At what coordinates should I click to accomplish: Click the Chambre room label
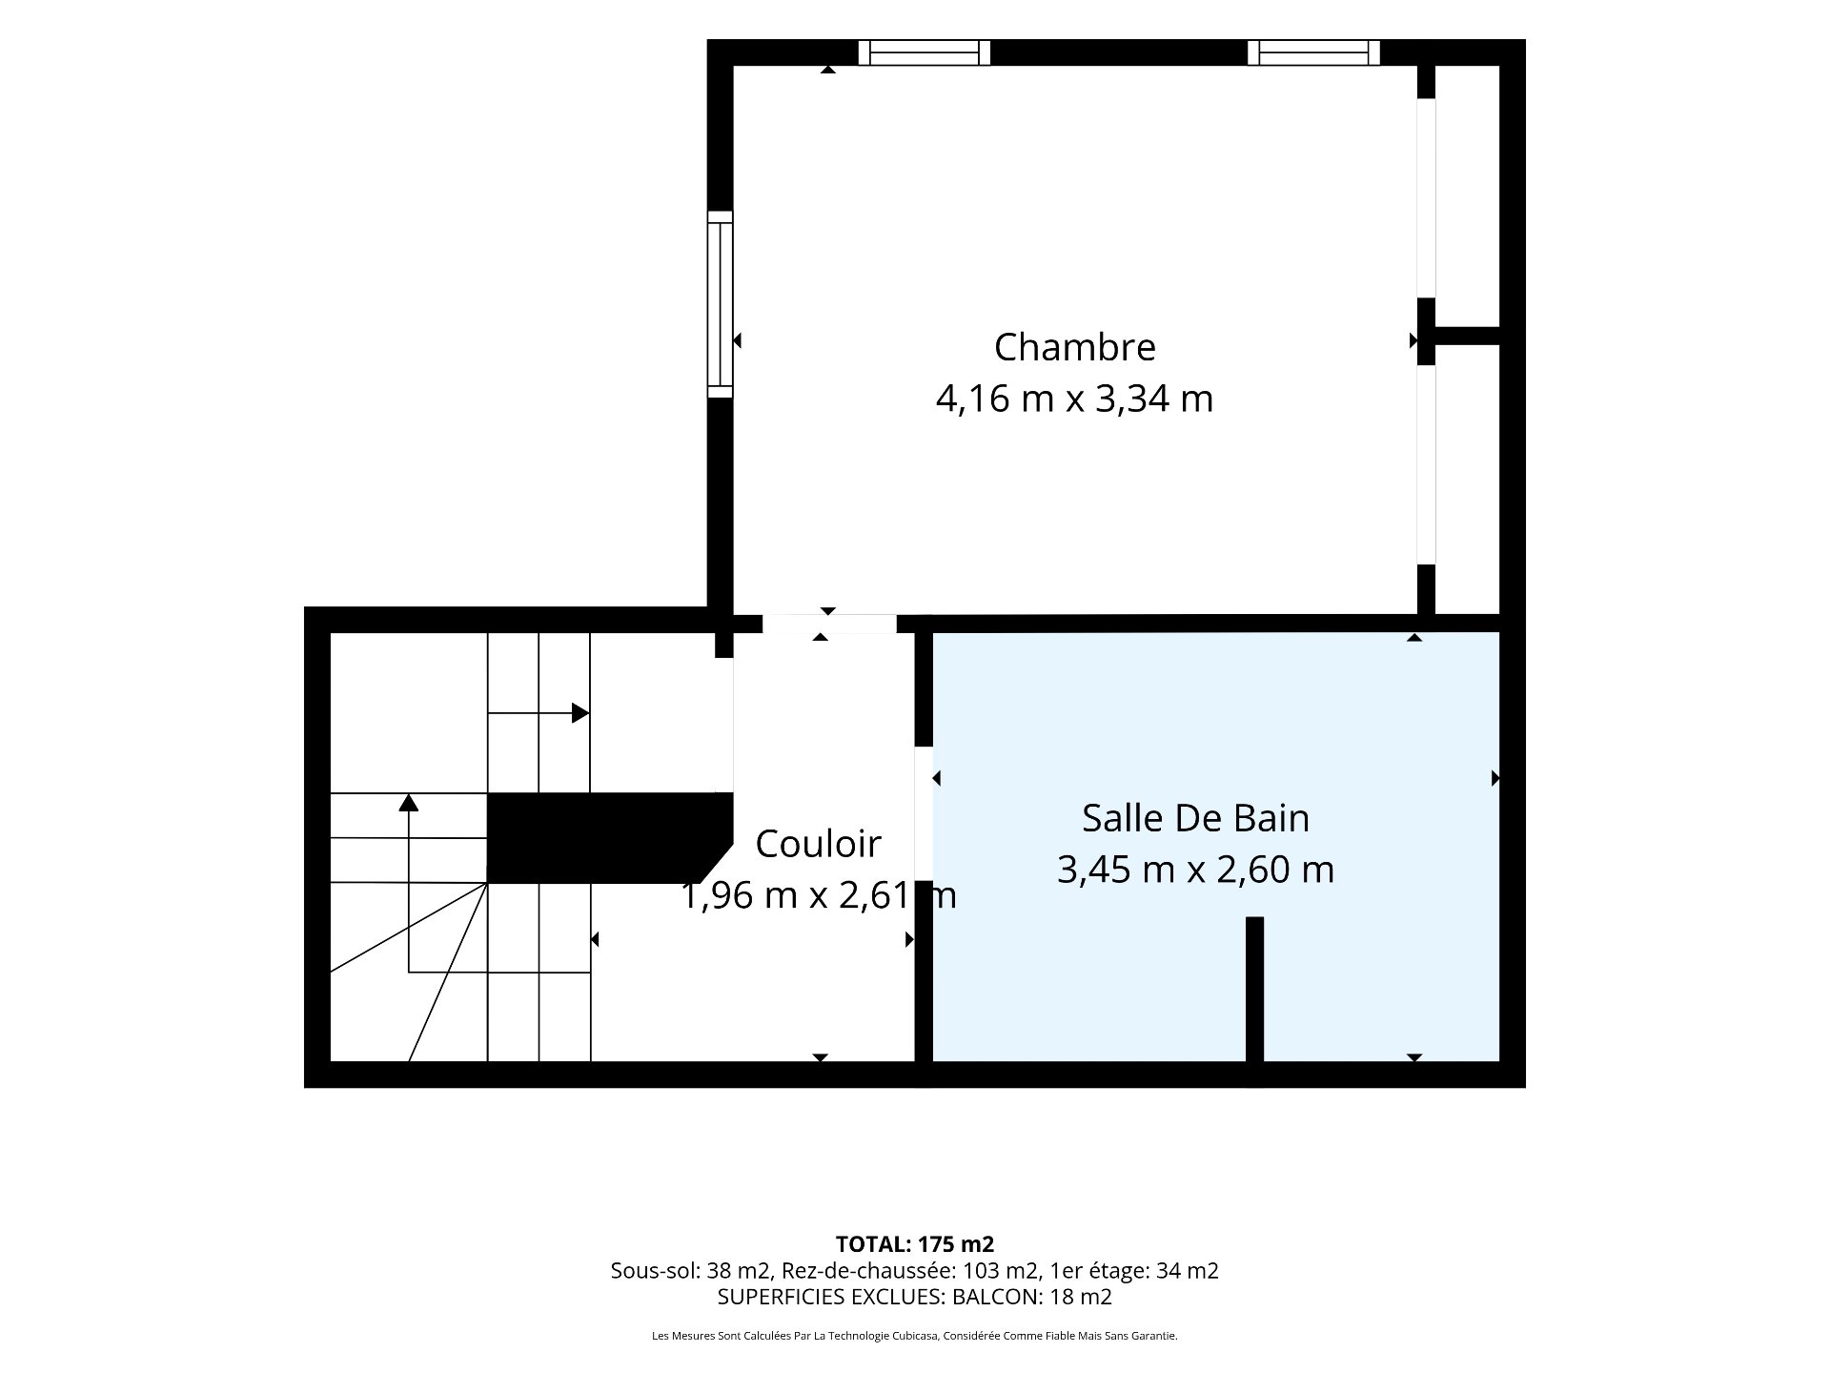point(1074,347)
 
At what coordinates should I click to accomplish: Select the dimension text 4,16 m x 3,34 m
point(1074,399)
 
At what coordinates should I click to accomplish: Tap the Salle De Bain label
point(1195,818)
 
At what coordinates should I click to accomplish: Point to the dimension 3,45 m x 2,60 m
point(1195,870)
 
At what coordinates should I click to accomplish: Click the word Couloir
point(818,844)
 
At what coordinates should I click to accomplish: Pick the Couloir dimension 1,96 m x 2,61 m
point(818,895)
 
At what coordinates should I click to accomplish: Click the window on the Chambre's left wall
point(721,304)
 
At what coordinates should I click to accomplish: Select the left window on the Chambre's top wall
point(924,52)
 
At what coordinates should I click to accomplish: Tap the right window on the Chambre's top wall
point(1313,52)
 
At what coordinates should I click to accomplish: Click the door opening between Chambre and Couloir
point(829,625)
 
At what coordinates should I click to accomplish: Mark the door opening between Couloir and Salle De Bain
point(923,812)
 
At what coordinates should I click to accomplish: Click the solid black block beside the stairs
point(610,838)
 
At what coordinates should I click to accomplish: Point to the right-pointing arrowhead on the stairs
point(580,713)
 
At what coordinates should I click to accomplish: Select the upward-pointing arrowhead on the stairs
point(409,802)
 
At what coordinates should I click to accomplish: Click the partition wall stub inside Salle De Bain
point(1254,989)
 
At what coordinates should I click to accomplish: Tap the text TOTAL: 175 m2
point(915,1244)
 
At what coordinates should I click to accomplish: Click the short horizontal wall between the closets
point(1468,336)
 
